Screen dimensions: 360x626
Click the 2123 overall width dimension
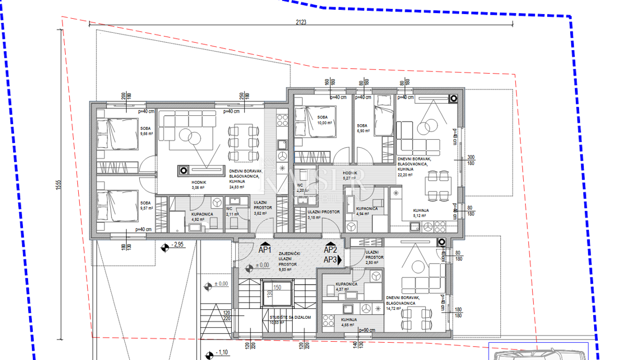(x=300, y=22)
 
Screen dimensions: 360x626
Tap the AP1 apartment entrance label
(x=266, y=250)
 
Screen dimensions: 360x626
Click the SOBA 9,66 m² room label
(x=146, y=131)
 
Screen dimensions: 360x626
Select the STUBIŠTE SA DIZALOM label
(x=283, y=319)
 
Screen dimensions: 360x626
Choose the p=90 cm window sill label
(x=367, y=330)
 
